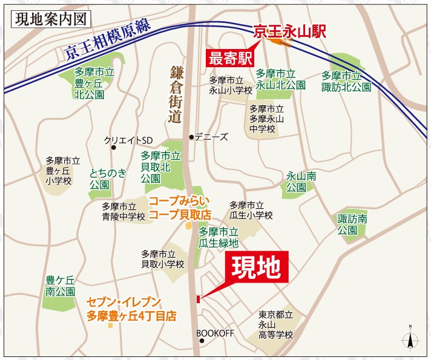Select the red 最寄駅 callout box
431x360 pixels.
(x=229, y=59)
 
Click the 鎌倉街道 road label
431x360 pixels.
(x=176, y=96)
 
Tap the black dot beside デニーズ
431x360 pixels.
(x=192, y=137)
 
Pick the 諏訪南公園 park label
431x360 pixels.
(x=352, y=225)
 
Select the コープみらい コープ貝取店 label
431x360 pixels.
(x=180, y=208)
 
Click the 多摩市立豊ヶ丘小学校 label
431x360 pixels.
(x=62, y=171)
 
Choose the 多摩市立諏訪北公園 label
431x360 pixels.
(x=346, y=81)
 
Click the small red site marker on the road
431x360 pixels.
(x=197, y=298)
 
